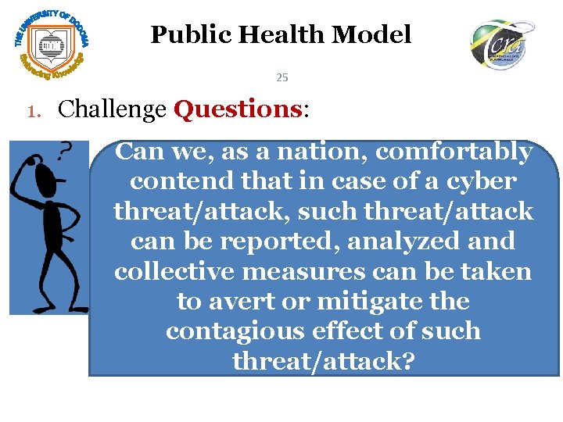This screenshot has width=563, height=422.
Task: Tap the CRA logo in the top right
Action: (x=502, y=45)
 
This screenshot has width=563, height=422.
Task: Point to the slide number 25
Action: (x=282, y=77)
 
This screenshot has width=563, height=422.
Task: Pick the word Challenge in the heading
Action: (x=112, y=109)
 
